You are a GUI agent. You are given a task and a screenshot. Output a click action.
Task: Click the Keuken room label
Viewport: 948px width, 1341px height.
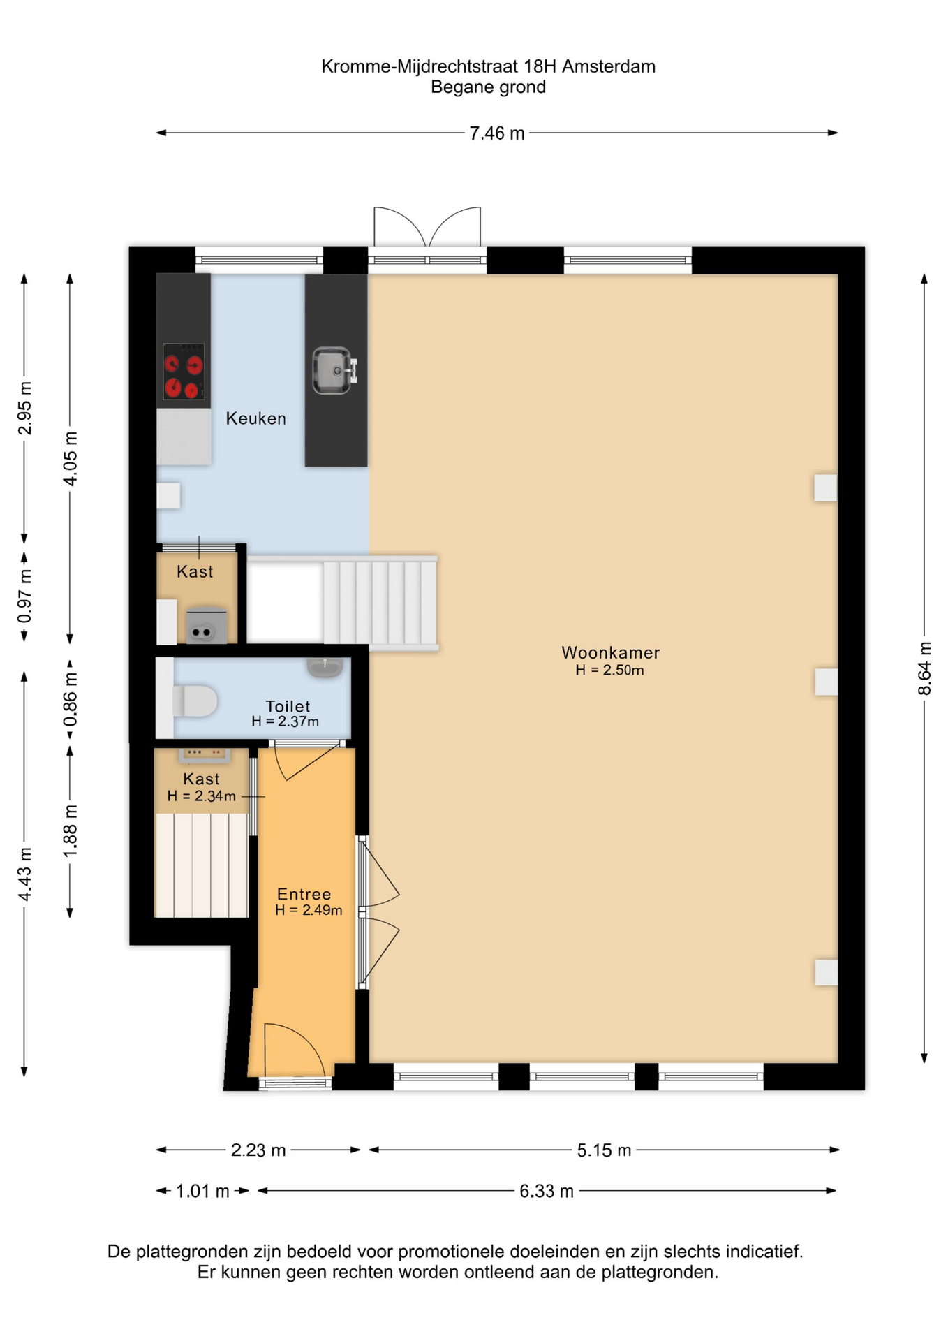pyautogui.click(x=255, y=418)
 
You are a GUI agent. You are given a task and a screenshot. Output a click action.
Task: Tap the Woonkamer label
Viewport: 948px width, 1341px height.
pyautogui.click(x=610, y=652)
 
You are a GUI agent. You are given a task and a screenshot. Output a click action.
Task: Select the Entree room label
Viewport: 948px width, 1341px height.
pyautogui.click(x=304, y=894)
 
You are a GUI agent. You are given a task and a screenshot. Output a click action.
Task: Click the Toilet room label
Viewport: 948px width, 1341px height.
pyautogui.click(x=288, y=706)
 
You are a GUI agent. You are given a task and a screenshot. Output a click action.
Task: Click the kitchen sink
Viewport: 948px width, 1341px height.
pyautogui.click(x=334, y=370)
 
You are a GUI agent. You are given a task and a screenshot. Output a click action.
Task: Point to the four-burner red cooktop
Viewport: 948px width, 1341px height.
pyautogui.click(x=184, y=372)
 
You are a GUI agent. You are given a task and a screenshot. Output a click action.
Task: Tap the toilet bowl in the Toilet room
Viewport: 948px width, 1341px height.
pyautogui.click(x=195, y=701)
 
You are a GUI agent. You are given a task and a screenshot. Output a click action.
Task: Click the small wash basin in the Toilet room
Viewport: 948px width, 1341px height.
pyautogui.click(x=325, y=667)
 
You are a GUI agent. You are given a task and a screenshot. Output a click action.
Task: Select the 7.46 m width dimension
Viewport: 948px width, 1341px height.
pyautogui.click(x=496, y=133)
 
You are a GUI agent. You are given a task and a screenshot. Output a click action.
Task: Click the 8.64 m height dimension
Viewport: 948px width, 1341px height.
pyautogui.click(x=924, y=668)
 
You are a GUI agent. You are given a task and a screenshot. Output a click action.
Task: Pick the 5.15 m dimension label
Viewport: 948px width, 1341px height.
pyautogui.click(x=604, y=1150)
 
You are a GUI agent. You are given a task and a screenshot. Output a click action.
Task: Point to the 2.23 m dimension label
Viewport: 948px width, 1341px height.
pyautogui.click(x=258, y=1150)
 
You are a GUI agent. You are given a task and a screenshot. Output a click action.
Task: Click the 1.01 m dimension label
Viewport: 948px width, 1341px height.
pyautogui.click(x=202, y=1191)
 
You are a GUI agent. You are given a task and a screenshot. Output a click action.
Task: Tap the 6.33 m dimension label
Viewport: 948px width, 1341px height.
pyautogui.click(x=547, y=1191)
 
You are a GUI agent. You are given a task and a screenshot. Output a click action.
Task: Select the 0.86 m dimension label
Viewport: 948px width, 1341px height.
pyautogui.click(x=71, y=699)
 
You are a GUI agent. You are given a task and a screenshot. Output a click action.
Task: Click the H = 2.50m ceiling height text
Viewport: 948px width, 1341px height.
pyautogui.click(x=609, y=670)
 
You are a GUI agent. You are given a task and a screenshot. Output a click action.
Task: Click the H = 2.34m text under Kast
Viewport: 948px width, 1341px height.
pyautogui.click(x=201, y=796)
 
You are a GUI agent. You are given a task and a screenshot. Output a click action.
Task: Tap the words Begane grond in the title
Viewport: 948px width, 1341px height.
pyautogui.click(x=488, y=87)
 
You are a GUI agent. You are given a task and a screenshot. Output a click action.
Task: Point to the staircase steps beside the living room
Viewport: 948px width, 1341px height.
pyautogui.click(x=380, y=603)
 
